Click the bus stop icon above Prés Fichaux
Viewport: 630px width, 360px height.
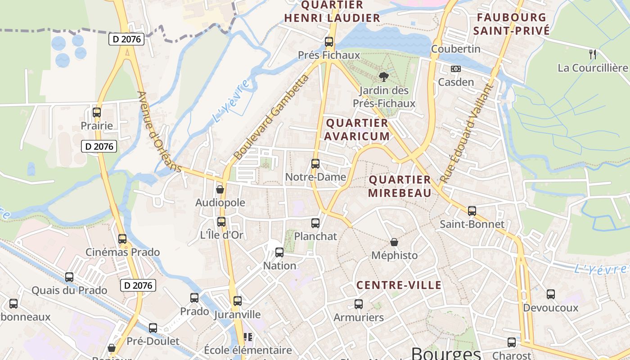329,42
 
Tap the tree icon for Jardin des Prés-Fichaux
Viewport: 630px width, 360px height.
384,76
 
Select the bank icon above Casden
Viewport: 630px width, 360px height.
456,69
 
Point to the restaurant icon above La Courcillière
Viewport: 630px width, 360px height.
593,54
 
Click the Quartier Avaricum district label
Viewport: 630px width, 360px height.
357,130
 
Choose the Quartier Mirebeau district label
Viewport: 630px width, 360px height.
400,186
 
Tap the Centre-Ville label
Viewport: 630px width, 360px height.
399,285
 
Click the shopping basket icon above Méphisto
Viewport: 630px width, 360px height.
394,242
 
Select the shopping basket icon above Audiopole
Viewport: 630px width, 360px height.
220,189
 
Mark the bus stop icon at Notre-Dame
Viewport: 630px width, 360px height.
315,164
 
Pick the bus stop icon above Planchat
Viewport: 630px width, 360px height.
315,223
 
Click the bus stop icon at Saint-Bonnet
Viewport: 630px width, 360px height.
472,211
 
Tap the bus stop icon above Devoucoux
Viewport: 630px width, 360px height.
551,294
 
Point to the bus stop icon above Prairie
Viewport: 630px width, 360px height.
97,112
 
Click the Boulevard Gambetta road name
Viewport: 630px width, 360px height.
271,118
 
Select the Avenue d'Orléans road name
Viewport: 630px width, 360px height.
159,132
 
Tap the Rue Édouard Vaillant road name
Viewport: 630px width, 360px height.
467,133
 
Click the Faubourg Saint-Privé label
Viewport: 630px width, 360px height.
512,24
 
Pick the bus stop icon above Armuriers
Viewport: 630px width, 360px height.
359,304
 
